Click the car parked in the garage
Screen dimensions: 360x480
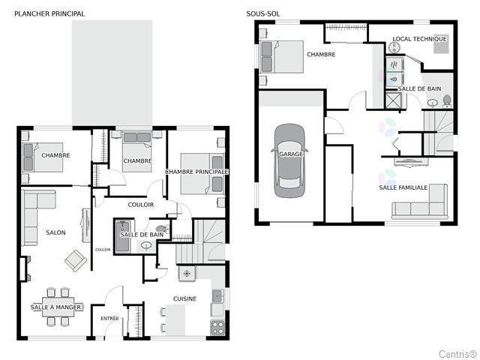pos(289,160)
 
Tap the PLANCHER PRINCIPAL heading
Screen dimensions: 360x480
pos(49,13)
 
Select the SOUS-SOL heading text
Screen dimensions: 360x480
pos(262,13)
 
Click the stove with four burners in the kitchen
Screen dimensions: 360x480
pos(217,327)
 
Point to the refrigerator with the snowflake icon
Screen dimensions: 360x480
pos(187,274)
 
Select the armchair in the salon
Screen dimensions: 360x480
pos(75,260)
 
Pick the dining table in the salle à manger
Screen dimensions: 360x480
pos(57,306)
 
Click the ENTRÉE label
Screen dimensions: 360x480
pos(109,319)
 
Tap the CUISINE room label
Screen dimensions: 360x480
pos(184,298)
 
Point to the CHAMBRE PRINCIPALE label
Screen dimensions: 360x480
pos(196,172)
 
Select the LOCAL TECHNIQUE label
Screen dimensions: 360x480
pos(419,39)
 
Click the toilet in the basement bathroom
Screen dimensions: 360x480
pos(447,100)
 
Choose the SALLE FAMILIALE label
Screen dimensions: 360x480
pos(403,187)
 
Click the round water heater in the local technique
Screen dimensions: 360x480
pos(396,46)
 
